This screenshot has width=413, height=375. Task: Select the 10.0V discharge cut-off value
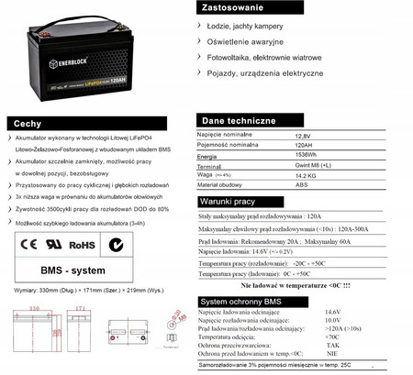[332, 319]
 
